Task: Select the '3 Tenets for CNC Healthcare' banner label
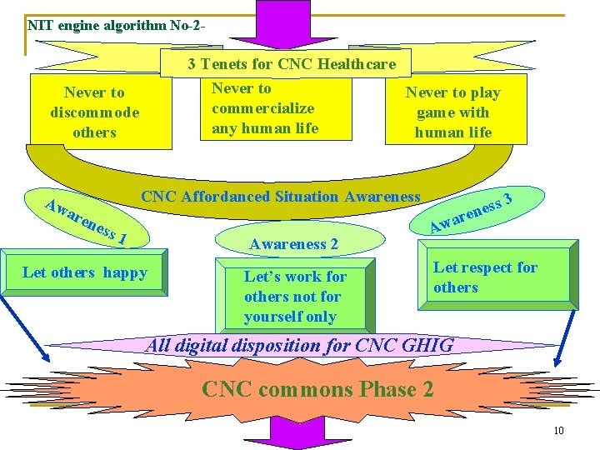291,64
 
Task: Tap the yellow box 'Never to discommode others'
94,112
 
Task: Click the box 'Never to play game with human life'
454,112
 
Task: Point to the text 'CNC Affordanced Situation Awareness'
281,197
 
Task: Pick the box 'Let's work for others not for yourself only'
294,296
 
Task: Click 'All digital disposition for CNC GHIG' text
300,345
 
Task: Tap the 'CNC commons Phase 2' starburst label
317,388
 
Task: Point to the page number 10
558,430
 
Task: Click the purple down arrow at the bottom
298,433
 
